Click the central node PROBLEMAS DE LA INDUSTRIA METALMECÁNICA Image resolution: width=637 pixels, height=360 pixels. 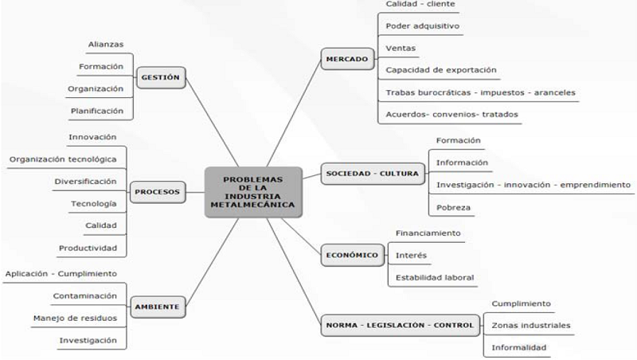coord(252,192)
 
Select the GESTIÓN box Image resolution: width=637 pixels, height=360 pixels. coord(161,77)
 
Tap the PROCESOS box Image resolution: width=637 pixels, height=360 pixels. coord(157,191)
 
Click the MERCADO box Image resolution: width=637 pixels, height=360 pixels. coord(347,59)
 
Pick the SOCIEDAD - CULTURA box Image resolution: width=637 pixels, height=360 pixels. coord(371,174)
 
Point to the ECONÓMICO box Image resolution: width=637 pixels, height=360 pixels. coord(351,256)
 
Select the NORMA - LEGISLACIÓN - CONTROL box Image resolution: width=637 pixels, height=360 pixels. coord(400,324)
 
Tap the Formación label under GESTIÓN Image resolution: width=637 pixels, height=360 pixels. coord(101,66)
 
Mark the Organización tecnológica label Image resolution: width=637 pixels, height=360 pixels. coord(63,159)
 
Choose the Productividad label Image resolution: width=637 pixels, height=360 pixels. coord(88,248)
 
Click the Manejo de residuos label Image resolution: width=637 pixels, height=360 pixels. coord(75,319)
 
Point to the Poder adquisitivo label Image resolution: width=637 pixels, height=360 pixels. coord(422,25)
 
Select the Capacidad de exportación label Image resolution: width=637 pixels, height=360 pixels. coord(440,70)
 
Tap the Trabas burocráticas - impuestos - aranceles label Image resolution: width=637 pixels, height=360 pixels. coord(479,92)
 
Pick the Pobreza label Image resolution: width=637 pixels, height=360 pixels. coord(453,208)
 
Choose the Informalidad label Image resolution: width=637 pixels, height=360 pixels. coord(518,347)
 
